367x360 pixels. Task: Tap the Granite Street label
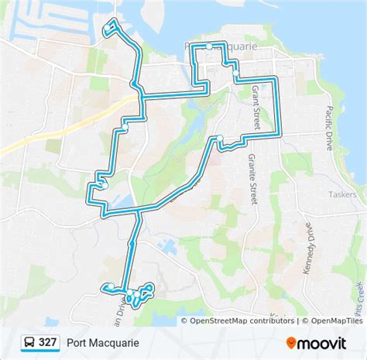tap(252, 177)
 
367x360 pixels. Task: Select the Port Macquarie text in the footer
tap(103, 341)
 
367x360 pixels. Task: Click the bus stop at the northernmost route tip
tap(107, 31)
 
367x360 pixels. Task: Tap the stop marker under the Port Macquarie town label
tap(209, 46)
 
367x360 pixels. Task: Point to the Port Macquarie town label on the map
tap(232, 46)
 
